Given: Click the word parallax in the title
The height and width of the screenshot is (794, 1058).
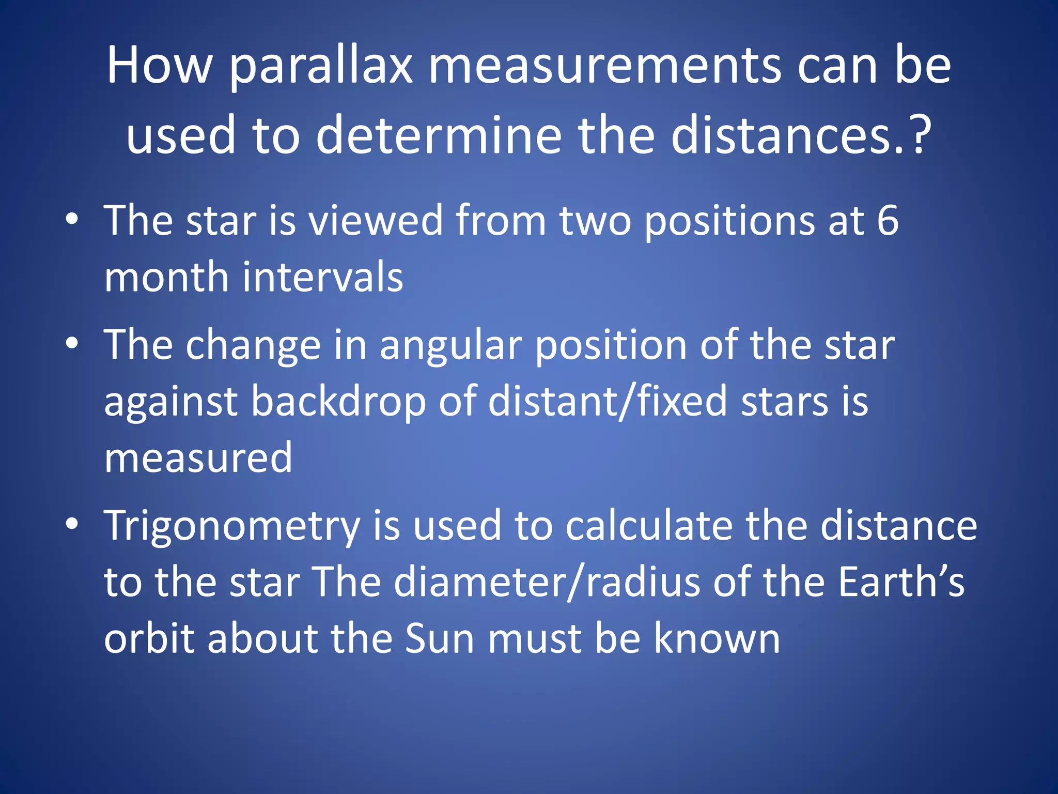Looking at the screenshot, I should [320, 67].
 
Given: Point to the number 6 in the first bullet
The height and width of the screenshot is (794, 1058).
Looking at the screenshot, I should [888, 221].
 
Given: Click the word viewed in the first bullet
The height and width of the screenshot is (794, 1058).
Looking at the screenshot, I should [376, 221].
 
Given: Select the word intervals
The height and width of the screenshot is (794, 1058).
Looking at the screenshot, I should [322, 277].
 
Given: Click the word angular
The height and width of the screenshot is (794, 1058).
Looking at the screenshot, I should [451, 346].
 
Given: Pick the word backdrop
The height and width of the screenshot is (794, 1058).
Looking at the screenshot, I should [339, 402].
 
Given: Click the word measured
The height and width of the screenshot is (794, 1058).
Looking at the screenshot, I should [198, 457].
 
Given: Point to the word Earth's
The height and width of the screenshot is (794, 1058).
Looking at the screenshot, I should [901, 582].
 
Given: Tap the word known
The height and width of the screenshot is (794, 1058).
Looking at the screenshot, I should [717, 638].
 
